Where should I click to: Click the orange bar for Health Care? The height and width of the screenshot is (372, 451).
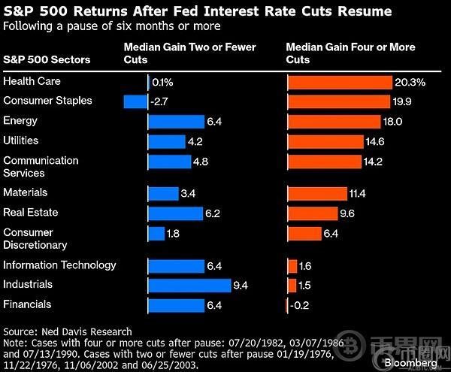340,82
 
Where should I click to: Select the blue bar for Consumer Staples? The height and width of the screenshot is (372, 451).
135,101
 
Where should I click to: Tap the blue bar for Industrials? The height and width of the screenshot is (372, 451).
189,286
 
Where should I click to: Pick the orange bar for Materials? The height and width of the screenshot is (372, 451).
317,194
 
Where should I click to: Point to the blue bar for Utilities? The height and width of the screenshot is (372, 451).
167,141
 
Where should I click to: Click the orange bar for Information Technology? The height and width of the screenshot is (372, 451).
292,266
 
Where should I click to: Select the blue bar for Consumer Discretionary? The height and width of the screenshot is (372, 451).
156,234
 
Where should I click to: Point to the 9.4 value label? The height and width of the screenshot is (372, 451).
241,286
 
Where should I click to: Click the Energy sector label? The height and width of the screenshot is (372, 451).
20,121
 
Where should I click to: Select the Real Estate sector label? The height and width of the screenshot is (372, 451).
30,213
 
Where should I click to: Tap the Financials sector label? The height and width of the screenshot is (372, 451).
27,304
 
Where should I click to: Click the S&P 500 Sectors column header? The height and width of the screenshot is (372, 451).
47,59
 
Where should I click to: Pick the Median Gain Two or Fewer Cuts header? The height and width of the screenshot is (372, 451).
189,53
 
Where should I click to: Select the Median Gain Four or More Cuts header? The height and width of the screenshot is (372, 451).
350,53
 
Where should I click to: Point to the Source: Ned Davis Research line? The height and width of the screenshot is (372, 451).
68,331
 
